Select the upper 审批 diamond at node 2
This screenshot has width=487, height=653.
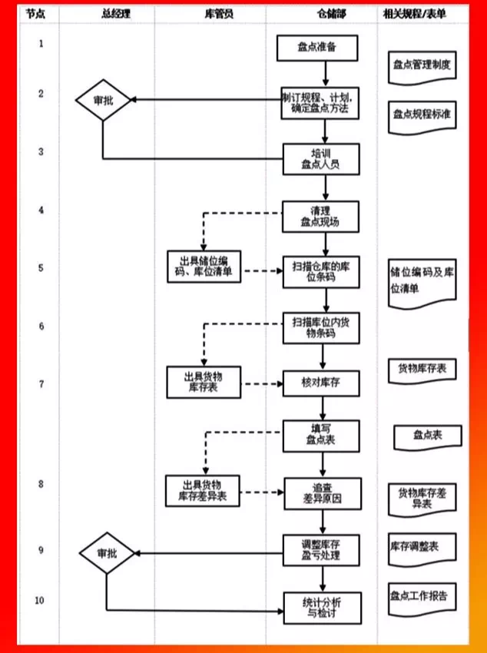coord(103,100)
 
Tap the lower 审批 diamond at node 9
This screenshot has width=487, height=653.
coord(106,553)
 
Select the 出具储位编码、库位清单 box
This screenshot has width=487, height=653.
coord(204,267)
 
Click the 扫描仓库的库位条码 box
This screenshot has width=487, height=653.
coord(320,271)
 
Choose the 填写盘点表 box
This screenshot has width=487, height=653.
coord(320,435)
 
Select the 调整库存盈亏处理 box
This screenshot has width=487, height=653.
coord(320,550)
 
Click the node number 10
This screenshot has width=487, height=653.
coord(41,599)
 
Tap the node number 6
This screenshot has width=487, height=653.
coord(41,326)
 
